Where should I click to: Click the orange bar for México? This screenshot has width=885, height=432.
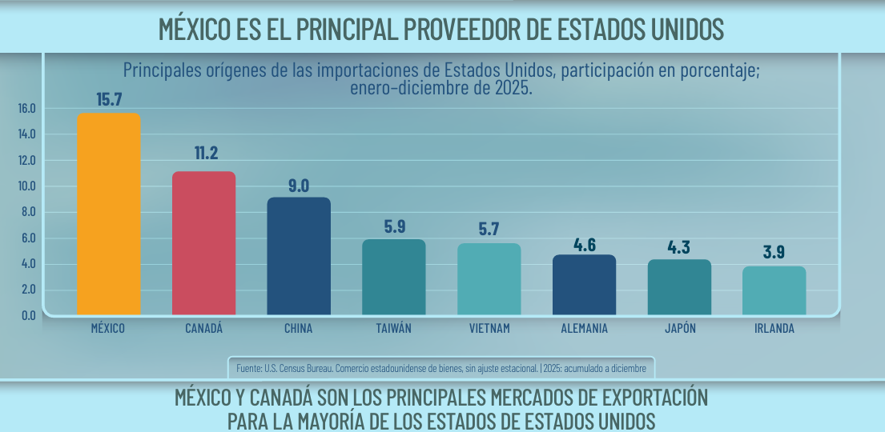pos(108,214)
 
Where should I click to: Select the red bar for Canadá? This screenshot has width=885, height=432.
pos(203,242)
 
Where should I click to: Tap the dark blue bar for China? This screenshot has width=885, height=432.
pos(299,256)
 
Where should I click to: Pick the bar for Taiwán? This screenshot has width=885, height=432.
pos(394,277)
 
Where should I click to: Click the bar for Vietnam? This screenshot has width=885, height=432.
pos(489,278)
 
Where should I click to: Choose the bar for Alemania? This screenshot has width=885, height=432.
pos(584,285)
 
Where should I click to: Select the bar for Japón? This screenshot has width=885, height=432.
pos(679,286)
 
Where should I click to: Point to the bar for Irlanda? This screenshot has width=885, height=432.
pos(774,290)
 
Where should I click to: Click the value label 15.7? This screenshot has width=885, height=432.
pos(108,100)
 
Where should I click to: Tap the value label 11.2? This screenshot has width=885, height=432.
pos(206,153)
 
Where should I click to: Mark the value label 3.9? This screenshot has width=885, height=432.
pos(774,252)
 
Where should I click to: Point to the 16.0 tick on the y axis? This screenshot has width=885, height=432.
pos(28,108)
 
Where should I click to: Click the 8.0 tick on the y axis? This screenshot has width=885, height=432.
pos(28,212)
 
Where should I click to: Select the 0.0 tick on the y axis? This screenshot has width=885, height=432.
pos(28,315)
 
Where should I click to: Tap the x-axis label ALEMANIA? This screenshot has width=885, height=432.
pos(584,329)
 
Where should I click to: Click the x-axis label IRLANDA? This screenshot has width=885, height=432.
pos(774,329)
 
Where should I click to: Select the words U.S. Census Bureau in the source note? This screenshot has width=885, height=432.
pos(298,369)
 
